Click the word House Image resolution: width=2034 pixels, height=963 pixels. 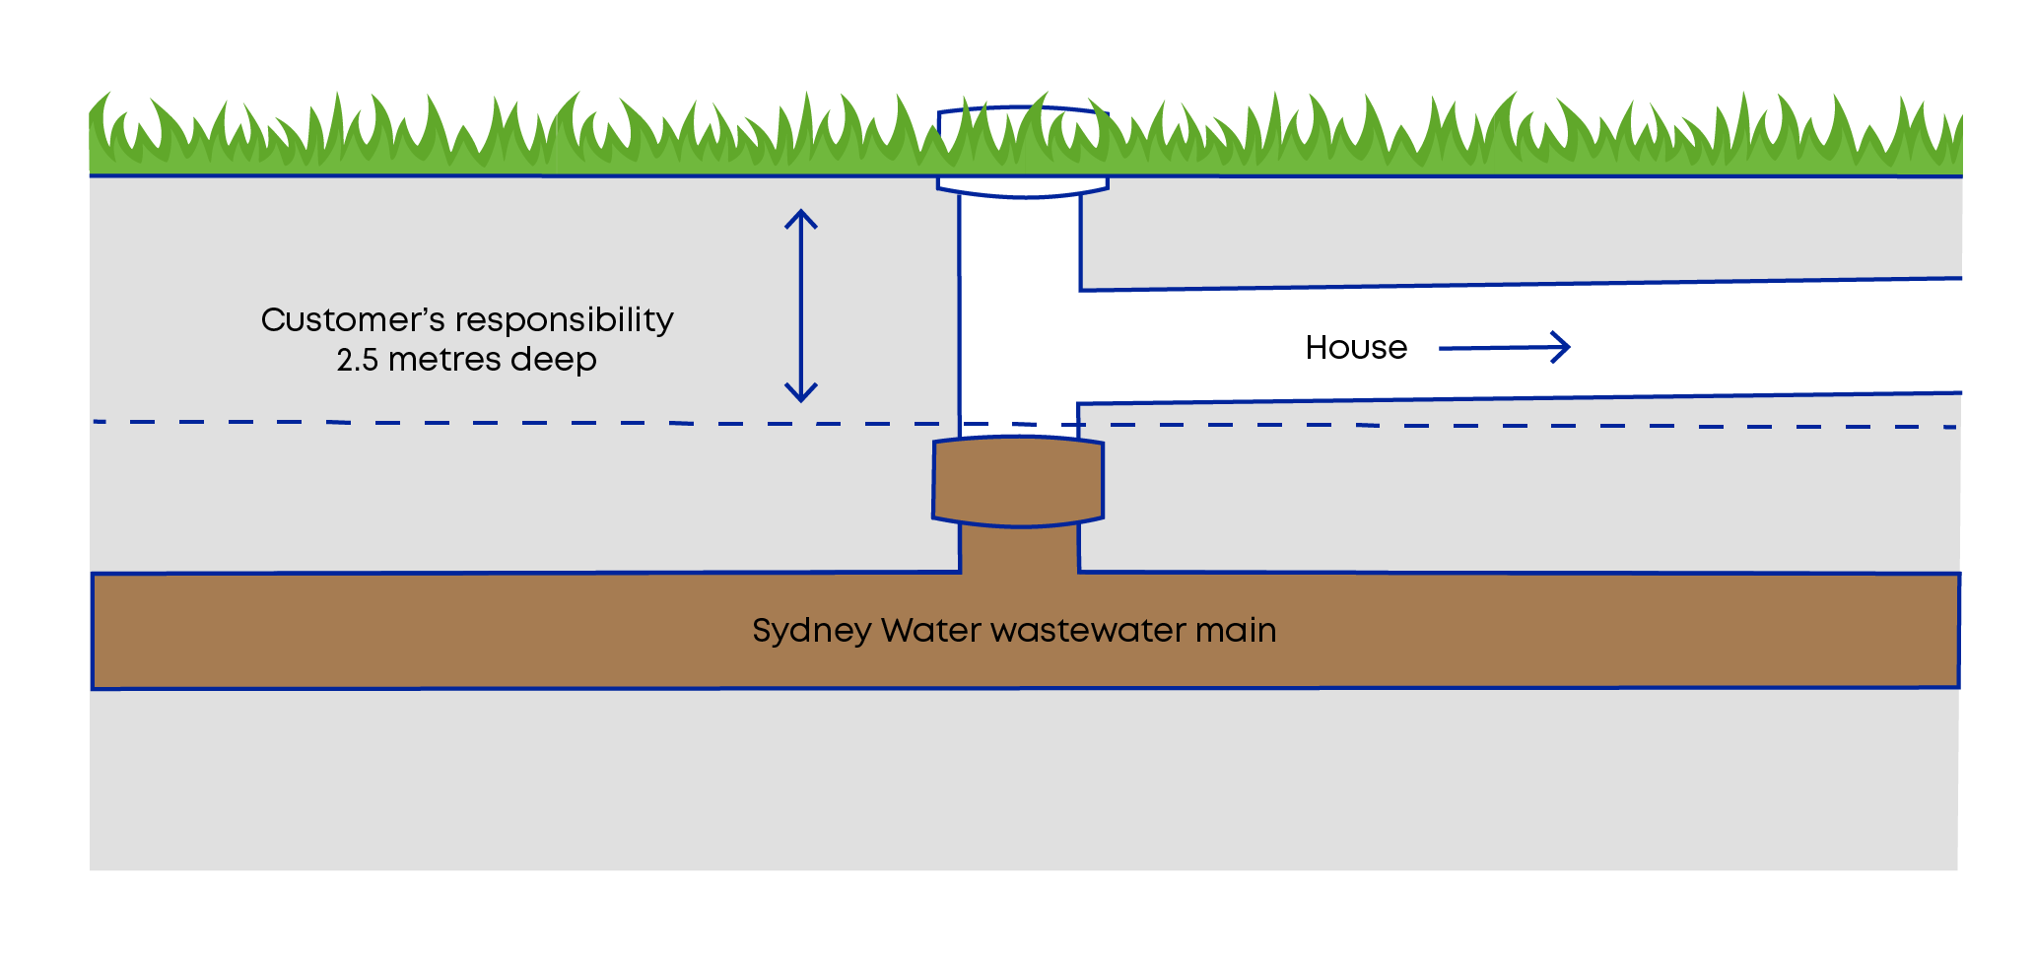coord(1356,347)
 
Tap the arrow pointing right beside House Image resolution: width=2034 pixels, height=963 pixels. coord(1505,347)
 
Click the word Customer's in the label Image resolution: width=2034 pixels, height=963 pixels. coord(353,319)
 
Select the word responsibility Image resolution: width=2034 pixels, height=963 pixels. coord(564,320)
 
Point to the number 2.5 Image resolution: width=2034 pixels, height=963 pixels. coord(358,360)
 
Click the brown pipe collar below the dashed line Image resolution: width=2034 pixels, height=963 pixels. coord(1018,481)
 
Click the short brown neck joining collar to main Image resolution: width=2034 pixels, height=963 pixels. coord(1019,548)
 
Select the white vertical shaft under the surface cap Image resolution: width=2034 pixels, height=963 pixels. coord(1019,315)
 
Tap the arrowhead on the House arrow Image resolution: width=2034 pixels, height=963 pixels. coord(1561,347)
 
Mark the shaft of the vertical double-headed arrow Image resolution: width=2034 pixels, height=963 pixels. coord(801,306)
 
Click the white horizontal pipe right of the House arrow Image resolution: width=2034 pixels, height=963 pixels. coord(1764,340)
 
